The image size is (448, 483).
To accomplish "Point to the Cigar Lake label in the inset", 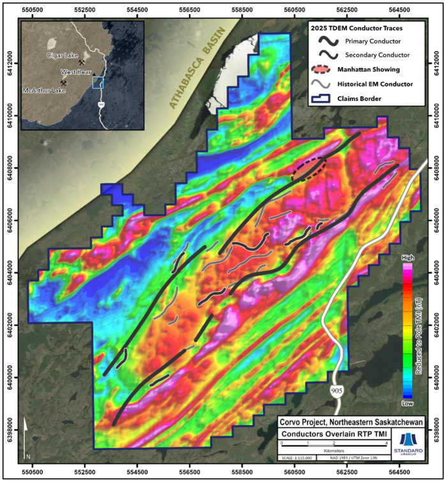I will point(62,56).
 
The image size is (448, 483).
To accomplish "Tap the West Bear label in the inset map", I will point(74,72).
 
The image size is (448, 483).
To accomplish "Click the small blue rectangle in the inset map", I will point(98,82).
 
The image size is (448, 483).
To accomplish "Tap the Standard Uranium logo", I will point(410,444).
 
